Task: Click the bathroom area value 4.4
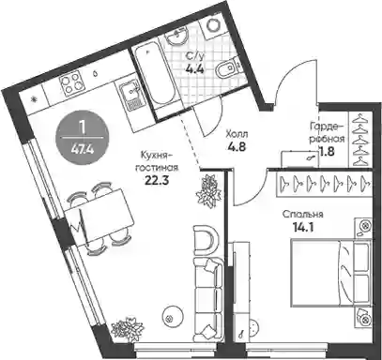tap(194, 68)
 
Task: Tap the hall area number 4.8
tap(237, 147)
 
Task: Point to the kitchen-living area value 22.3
tap(157, 181)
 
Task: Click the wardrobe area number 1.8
tap(328, 151)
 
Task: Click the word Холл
tap(237, 134)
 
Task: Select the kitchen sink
tap(130, 97)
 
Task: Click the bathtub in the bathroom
tap(152, 79)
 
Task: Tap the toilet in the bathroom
tap(226, 67)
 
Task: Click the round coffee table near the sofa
tap(170, 318)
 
